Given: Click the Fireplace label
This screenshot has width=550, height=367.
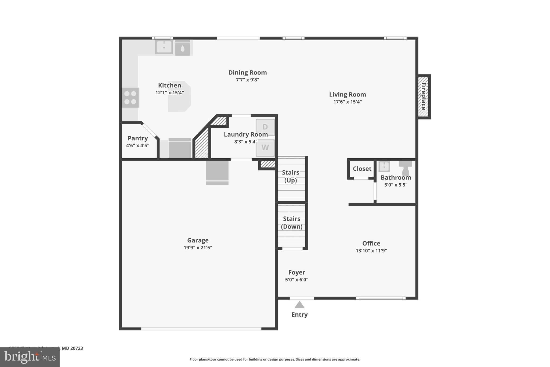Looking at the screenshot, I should click(x=424, y=97).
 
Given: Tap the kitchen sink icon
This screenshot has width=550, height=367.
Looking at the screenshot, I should click(x=164, y=47).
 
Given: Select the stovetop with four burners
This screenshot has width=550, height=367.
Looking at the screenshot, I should click(x=130, y=98).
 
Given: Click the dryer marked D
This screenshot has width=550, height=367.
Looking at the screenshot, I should click(x=265, y=127).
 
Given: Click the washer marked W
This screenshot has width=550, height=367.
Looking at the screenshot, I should click(x=265, y=148).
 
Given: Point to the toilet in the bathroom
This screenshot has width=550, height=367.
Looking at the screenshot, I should click(x=406, y=168).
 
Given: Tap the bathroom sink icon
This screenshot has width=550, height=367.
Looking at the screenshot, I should click(x=384, y=166).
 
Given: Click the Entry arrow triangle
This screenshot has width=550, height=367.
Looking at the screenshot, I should click(x=299, y=305).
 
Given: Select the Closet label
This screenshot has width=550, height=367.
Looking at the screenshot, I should click(x=362, y=169).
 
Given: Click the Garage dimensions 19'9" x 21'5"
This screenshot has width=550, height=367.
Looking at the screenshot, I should click(x=198, y=248).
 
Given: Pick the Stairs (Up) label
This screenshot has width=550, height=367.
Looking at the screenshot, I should click(x=291, y=176).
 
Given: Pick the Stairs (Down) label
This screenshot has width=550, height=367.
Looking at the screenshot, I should click(x=292, y=223).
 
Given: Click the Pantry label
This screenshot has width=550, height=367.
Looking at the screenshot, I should click(x=137, y=138).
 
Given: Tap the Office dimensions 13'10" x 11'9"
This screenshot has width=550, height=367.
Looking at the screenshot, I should click(x=371, y=251).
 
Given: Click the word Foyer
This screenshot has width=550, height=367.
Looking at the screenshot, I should click(x=296, y=272).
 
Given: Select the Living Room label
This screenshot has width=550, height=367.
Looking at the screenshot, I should click(x=348, y=94).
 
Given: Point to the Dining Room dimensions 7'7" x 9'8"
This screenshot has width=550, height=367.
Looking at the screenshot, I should click(x=247, y=80).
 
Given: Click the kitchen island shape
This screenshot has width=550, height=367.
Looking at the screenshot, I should click(x=179, y=102).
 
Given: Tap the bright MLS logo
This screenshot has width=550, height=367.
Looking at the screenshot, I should click(x=30, y=357).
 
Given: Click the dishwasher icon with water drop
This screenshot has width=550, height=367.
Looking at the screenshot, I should click(x=183, y=48).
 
